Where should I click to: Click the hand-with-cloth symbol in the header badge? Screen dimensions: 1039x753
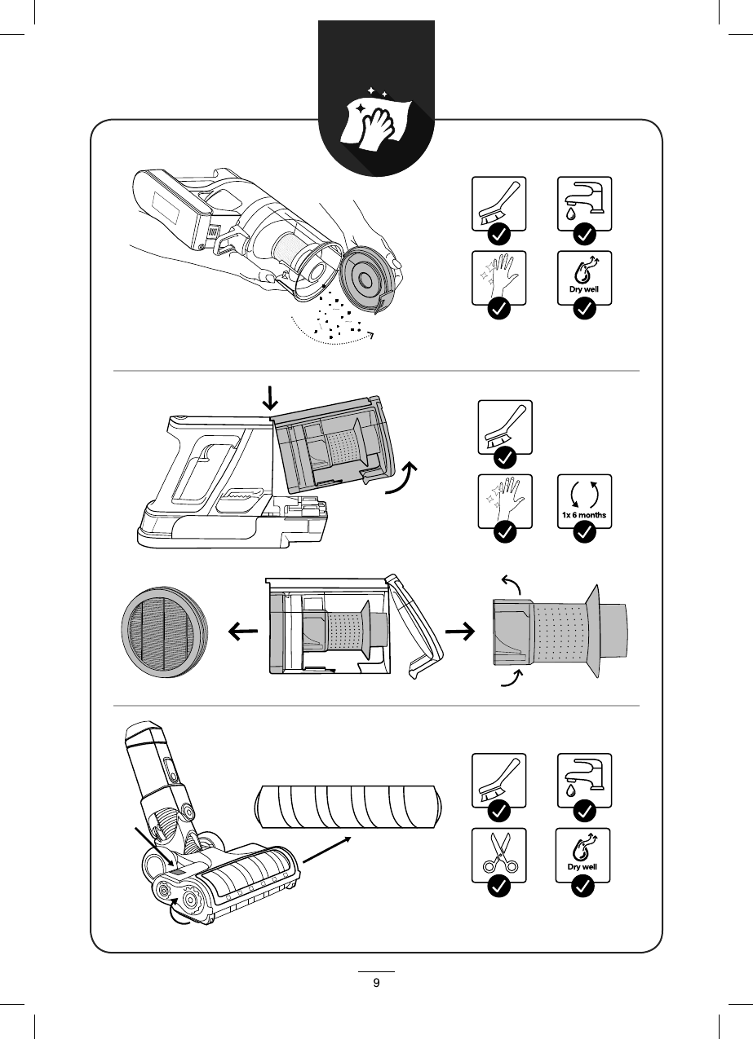coord(376,123)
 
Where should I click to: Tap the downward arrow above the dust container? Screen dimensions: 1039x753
coord(271,397)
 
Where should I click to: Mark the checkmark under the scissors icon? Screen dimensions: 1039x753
coord(499,887)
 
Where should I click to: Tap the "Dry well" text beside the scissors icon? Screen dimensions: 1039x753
coord(583,867)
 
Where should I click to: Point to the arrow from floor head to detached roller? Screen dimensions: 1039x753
coord(328,849)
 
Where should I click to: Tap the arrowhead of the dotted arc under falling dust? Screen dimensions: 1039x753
coord(370,335)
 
